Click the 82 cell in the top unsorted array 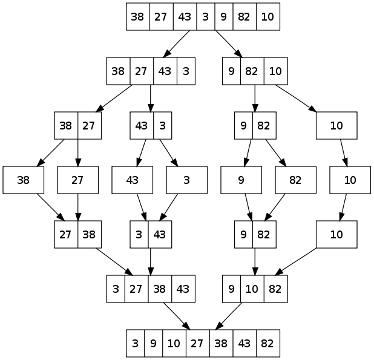(x=245, y=17)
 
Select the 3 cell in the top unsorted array (x=205, y=17)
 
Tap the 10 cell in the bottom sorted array (x=174, y=344)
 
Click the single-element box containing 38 (x=24, y=180)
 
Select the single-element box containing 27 (x=78, y=180)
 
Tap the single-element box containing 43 (x=133, y=180)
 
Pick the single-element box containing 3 (x=187, y=180)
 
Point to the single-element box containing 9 (x=241, y=180)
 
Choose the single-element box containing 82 (x=296, y=180)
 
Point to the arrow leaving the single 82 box (x=279, y=208)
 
